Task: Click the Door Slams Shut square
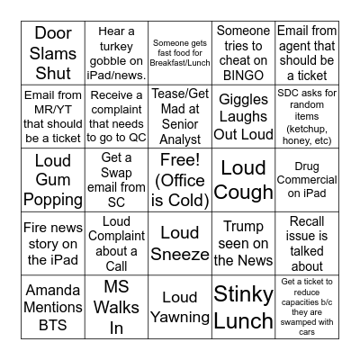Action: point(53,54)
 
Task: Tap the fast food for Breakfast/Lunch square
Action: point(179,54)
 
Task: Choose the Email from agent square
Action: point(306,54)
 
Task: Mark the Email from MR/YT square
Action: point(53,117)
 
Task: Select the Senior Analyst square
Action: point(179,117)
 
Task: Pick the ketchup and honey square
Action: point(306,117)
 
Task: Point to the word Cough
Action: point(243,192)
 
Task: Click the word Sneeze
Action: point(179,255)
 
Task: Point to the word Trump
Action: point(243,227)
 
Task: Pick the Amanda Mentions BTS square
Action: point(53,306)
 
